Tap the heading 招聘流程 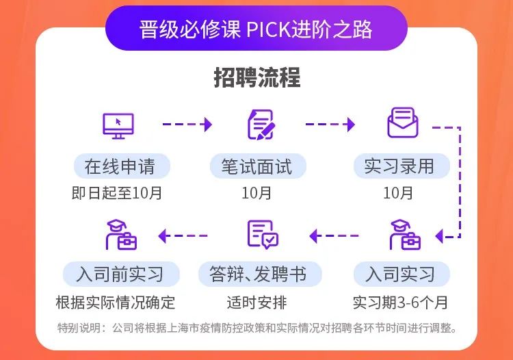tap(256, 78)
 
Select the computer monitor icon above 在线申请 tap(118, 125)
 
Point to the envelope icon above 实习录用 tap(402, 124)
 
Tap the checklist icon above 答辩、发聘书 tap(263, 235)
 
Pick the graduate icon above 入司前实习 tap(120, 235)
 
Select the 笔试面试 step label tap(256, 166)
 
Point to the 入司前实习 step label tap(120, 275)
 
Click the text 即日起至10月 tap(117, 193)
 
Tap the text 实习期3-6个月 tap(400, 302)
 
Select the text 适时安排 tap(256, 302)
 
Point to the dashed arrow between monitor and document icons tap(187, 125)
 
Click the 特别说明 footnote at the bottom tap(256, 328)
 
